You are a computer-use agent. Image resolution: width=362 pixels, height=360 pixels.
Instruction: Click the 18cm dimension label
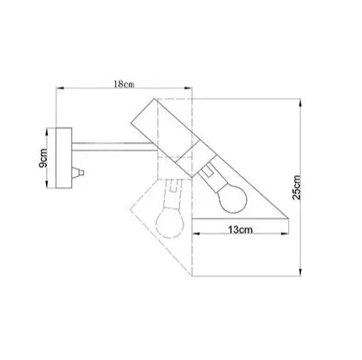point(124,84)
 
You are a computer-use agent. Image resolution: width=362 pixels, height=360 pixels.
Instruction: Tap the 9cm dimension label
point(44,158)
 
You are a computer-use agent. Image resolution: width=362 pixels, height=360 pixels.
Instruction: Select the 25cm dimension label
point(297,187)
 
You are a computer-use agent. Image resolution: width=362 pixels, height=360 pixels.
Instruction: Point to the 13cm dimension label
point(241,229)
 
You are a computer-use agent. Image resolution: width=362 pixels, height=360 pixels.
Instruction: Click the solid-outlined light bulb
point(233,199)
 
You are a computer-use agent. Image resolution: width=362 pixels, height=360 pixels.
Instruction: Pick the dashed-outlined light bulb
point(170,223)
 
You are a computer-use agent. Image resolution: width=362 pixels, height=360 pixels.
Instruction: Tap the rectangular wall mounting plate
point(64,158)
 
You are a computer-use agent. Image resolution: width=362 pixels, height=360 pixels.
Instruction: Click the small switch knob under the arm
point(78,173)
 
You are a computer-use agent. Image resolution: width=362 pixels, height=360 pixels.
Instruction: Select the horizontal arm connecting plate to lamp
point(114,147)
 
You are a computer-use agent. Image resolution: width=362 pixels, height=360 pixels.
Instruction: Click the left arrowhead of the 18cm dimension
point(60,88)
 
